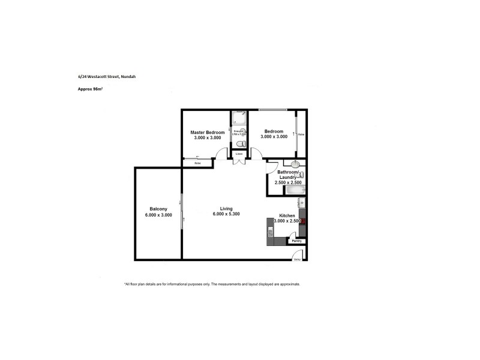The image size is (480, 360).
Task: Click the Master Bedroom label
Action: point(207,132)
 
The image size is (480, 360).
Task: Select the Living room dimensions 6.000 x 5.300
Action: point(226,214)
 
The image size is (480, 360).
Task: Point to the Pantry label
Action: point(296,241)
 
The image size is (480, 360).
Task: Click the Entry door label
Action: point(296,260)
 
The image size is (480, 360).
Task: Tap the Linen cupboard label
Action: point(239,154)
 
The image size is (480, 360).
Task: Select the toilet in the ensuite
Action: point(240,144)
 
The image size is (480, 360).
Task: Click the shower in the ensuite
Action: point(239,118)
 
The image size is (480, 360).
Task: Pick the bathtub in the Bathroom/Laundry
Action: point(295,191)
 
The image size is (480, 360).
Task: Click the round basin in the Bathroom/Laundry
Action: point(296,164)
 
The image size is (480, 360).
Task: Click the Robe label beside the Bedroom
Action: point(301,134)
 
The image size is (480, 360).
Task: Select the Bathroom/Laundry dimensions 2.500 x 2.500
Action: point(287,182)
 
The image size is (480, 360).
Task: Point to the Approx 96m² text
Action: point(90,89)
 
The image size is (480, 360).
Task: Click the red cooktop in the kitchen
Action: point(304,221)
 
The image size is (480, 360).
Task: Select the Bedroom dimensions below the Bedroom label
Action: point(274,137)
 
